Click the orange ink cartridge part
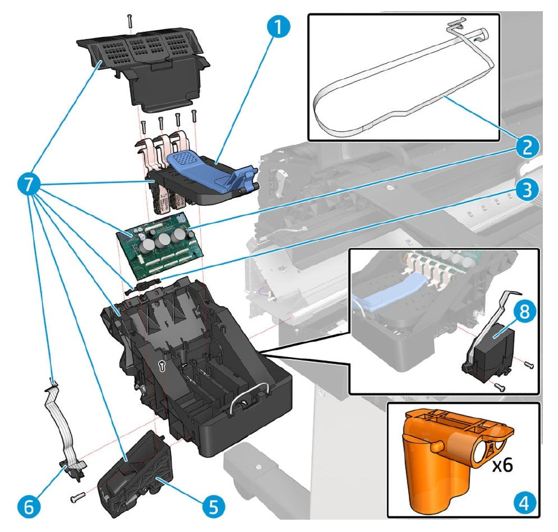click(443, 459)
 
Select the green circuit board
click(160, 246)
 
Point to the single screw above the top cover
click(129, 20)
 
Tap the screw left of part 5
click(77, 495)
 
